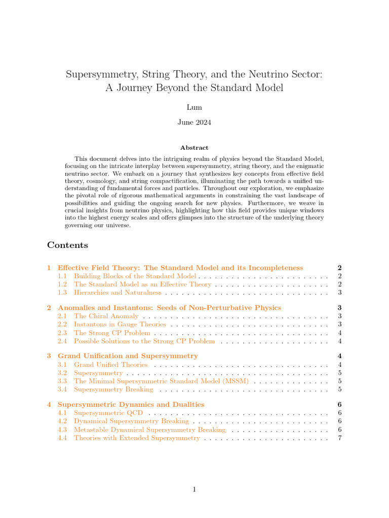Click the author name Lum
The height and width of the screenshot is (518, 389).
pos(194,108)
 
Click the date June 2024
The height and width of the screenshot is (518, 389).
pos(194,122)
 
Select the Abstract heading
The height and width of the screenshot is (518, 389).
pos(194,148)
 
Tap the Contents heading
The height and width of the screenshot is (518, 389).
pos(67,245)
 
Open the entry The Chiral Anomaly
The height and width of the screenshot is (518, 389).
pos(106,316)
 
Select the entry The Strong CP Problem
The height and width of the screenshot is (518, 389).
pos(112,333)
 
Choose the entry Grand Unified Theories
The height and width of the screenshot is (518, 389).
pos(110,365)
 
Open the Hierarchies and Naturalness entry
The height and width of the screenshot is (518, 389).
pos(118,292)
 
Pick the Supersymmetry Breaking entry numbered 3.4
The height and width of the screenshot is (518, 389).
pos(113,390)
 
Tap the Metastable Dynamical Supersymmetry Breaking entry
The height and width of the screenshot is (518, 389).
pos(149,429)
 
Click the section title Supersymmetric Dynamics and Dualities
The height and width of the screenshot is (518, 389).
pos(131,405)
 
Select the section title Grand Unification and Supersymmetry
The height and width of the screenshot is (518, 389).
pos(128,356)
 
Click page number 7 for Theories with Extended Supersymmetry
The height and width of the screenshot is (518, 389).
pos(339,438)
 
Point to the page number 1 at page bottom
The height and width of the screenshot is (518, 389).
pos(194,489)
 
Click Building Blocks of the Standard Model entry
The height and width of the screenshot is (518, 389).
pos(135,276)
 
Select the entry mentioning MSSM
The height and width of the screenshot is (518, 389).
pos(161,381)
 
